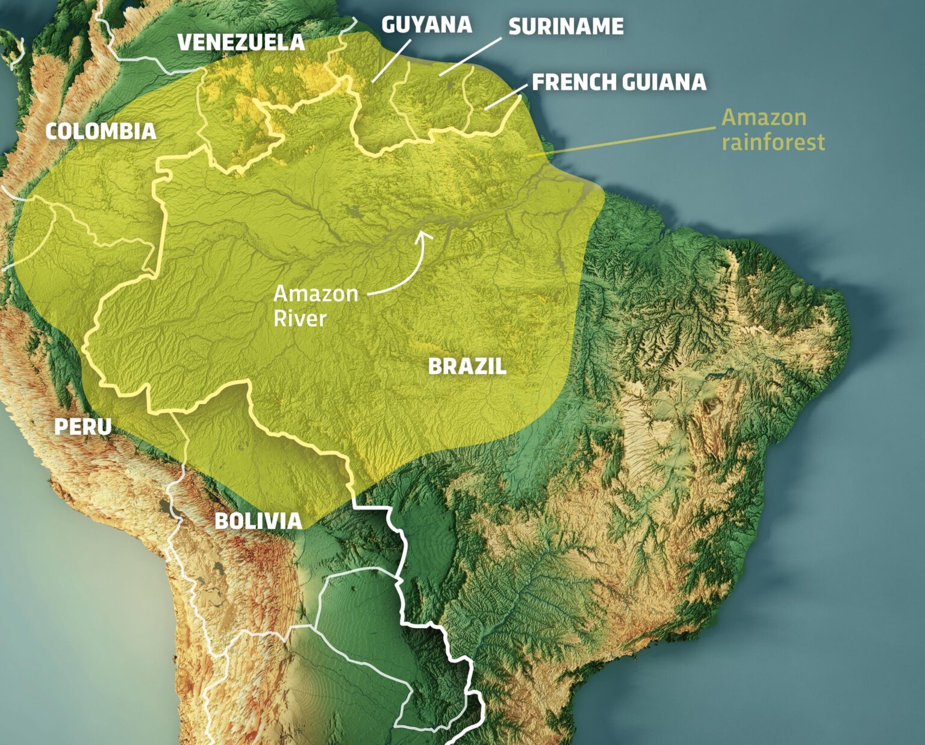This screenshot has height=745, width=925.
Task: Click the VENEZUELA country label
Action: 241,43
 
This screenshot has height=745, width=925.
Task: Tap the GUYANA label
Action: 426,25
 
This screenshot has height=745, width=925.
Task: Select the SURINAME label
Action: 565,26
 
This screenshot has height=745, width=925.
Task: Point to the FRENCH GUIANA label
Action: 618,83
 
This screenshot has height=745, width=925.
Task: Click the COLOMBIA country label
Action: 101,131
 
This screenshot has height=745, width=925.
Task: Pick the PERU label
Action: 83,426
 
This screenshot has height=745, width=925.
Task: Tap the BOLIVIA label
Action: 258,521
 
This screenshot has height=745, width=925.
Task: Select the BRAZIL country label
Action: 467,366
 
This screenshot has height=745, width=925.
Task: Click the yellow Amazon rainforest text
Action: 773,129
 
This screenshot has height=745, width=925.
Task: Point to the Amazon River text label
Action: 315,306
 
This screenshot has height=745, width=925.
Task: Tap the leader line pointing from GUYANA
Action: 391,60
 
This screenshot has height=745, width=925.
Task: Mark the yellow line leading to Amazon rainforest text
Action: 626,142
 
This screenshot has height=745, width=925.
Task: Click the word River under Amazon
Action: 299,319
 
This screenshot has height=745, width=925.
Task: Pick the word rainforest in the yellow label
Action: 773,143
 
